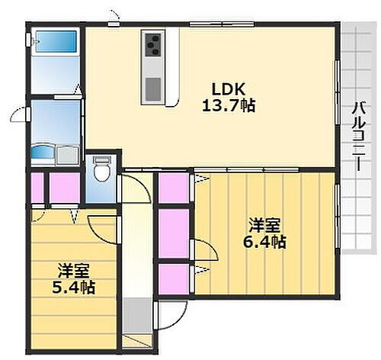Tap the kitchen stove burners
point(152,46)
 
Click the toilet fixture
point(101,171)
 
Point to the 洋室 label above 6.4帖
point(265,225)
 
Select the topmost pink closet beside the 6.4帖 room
point(174,188)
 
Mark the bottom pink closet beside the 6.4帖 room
point(174,276)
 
